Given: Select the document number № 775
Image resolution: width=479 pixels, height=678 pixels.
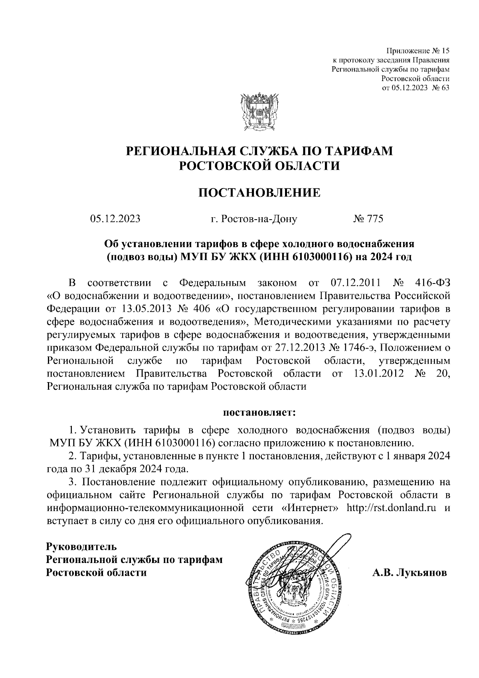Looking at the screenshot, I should click(368, 219).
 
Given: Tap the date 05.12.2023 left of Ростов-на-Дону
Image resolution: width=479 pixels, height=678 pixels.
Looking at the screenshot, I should click(115, 219).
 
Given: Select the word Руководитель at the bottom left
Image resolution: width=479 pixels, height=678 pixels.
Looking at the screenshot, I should click(82, 546).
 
